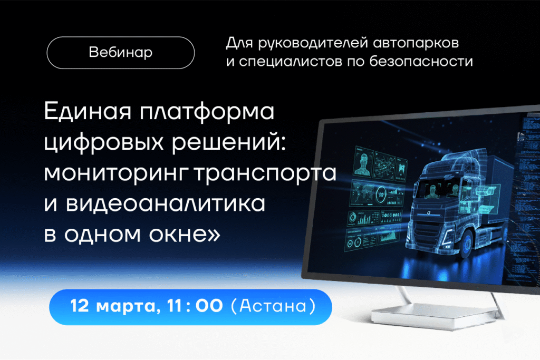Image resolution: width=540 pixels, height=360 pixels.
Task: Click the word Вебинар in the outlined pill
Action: pyautogui.click(x=121, y=53)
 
